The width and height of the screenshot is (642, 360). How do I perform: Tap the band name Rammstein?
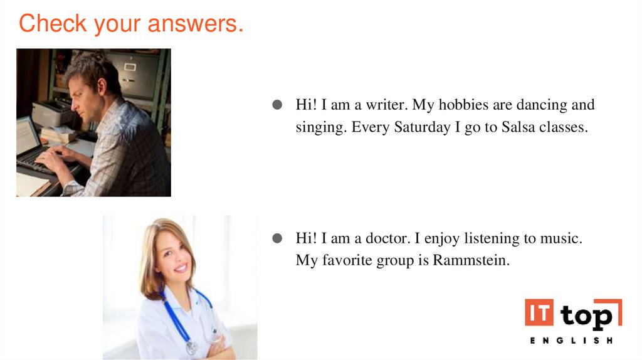470,260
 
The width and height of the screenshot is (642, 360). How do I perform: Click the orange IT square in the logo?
539,314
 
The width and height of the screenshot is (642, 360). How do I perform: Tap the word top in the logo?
586,315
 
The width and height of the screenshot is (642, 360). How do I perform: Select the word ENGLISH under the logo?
571,341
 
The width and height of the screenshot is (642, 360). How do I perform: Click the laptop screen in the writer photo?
26,135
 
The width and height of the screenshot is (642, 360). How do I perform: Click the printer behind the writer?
53,114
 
